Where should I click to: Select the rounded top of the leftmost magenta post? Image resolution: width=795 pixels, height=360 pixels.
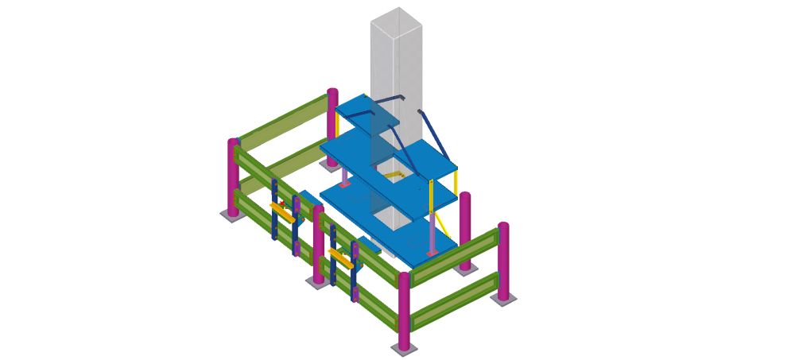234,142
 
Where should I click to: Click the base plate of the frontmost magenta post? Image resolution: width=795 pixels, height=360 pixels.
404,350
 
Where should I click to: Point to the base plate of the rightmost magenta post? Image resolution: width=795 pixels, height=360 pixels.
503,299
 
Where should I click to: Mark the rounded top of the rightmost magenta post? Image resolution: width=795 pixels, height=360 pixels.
503,226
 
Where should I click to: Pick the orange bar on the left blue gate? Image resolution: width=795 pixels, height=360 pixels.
282,212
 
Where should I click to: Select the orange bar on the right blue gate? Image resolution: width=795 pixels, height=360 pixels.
341,258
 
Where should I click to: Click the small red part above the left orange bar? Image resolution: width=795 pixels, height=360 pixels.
282,203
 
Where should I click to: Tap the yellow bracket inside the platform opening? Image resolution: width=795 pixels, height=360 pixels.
391,175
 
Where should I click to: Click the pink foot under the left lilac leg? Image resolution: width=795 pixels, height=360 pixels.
344,184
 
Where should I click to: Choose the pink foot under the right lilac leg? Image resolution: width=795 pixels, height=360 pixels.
432,254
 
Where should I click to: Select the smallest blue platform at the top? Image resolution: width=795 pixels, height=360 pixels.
366,114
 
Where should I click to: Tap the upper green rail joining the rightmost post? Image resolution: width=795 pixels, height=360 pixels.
454,255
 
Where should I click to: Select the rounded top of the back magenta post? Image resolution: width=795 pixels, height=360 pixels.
332,91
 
